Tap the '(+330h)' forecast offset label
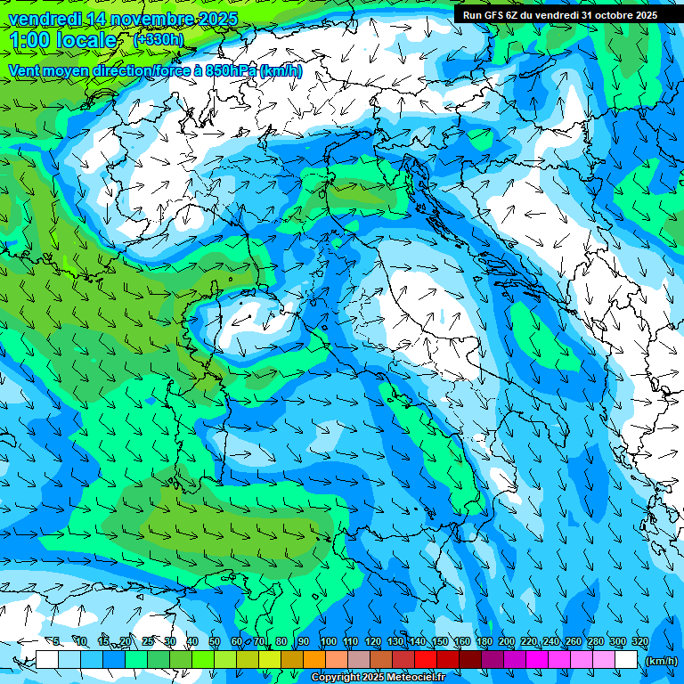[x=159, y=39]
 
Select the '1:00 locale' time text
[x=62, y=40]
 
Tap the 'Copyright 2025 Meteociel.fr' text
[x=390, y=678]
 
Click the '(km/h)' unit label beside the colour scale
[x=660, y=660]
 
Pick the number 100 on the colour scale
[x=329, y=641]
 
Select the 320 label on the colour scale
[x=639, y=641]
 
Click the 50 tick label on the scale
[x=215, y=641]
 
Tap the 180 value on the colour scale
[x=484, y=641]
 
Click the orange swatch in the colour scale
[x=314, y=660]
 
